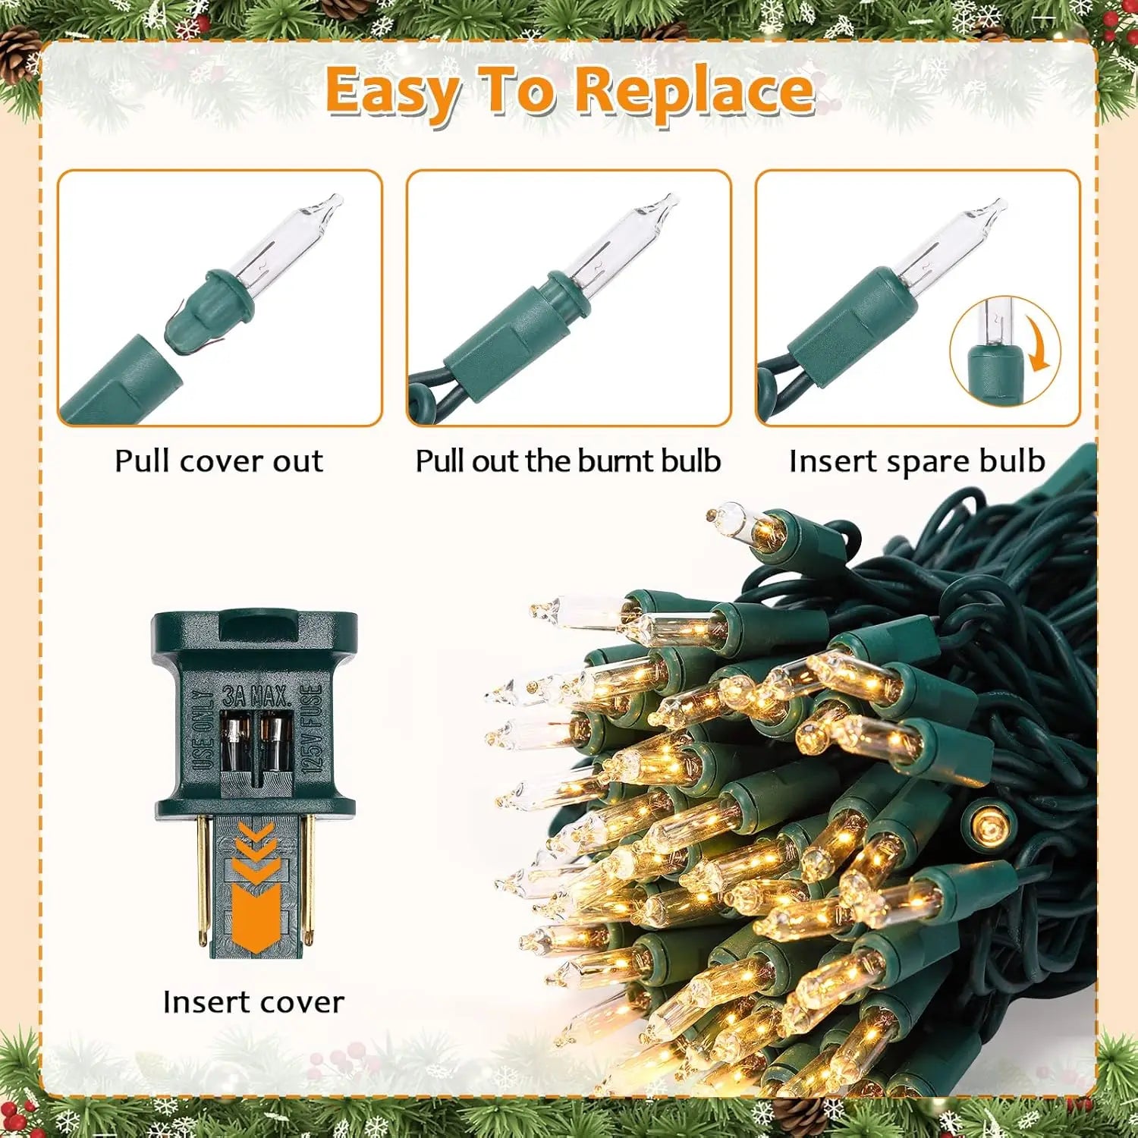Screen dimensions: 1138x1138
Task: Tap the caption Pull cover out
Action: [218, 461]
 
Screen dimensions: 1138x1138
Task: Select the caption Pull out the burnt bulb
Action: [567, 461]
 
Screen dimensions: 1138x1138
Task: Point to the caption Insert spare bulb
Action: [916, 461]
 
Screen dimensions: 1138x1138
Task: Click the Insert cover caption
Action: [253, 1002]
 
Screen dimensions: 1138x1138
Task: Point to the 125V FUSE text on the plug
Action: [312, 728]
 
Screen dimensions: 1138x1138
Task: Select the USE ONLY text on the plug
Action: [203, 730]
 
